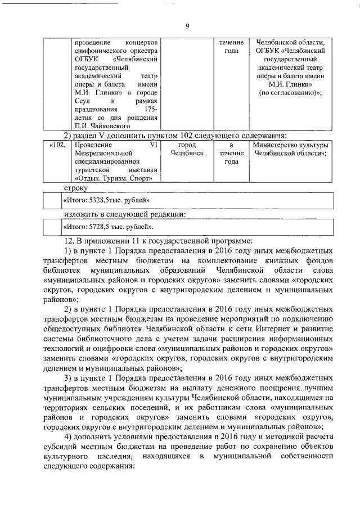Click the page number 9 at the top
pos(187,25)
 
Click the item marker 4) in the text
pos(67,438)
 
